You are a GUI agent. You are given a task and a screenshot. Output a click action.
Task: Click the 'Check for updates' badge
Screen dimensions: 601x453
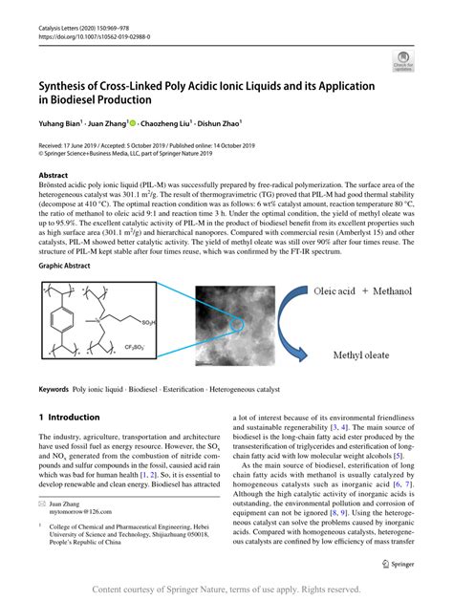point(403,64)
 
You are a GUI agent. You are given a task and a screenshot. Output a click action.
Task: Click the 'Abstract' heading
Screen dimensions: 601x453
point(54,176)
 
